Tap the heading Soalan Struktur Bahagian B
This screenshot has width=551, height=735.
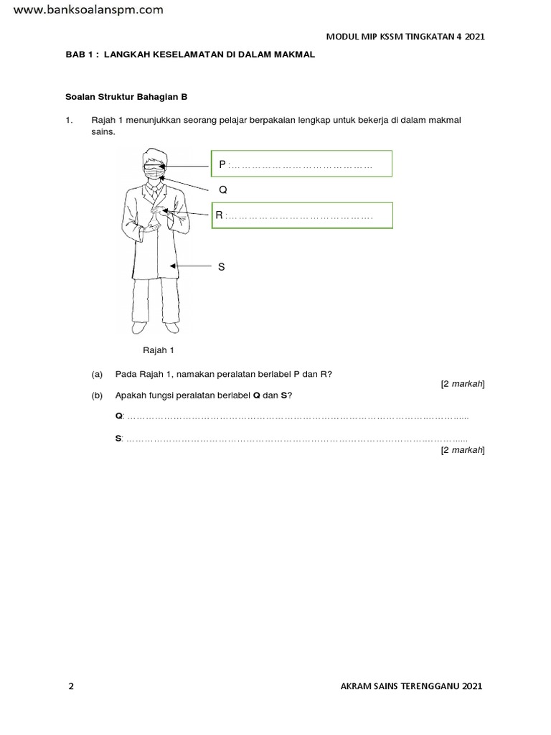(126, 95)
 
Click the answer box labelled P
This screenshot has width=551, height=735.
(301, 164)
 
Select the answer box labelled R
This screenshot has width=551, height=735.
(301, 215)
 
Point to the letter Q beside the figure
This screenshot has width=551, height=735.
(222, 189)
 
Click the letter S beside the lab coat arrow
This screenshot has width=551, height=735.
(222, 266)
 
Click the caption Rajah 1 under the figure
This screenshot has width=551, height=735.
(159, 350)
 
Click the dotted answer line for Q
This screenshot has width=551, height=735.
(297, 417)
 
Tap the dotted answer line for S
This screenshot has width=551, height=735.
(297, 439)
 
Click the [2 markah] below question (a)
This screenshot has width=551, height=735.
(463, 384)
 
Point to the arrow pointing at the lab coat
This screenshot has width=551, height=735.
(190, 266)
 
